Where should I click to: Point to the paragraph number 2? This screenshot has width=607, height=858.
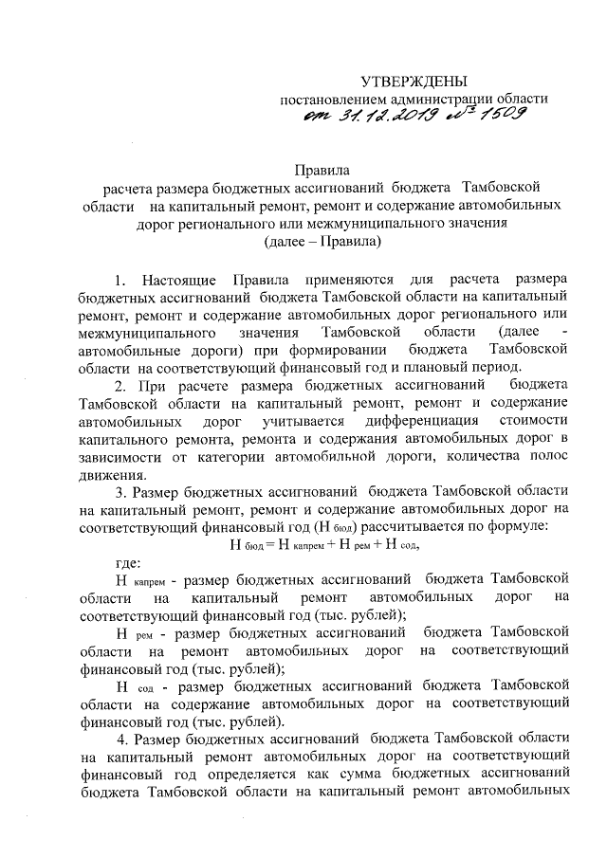120,387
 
